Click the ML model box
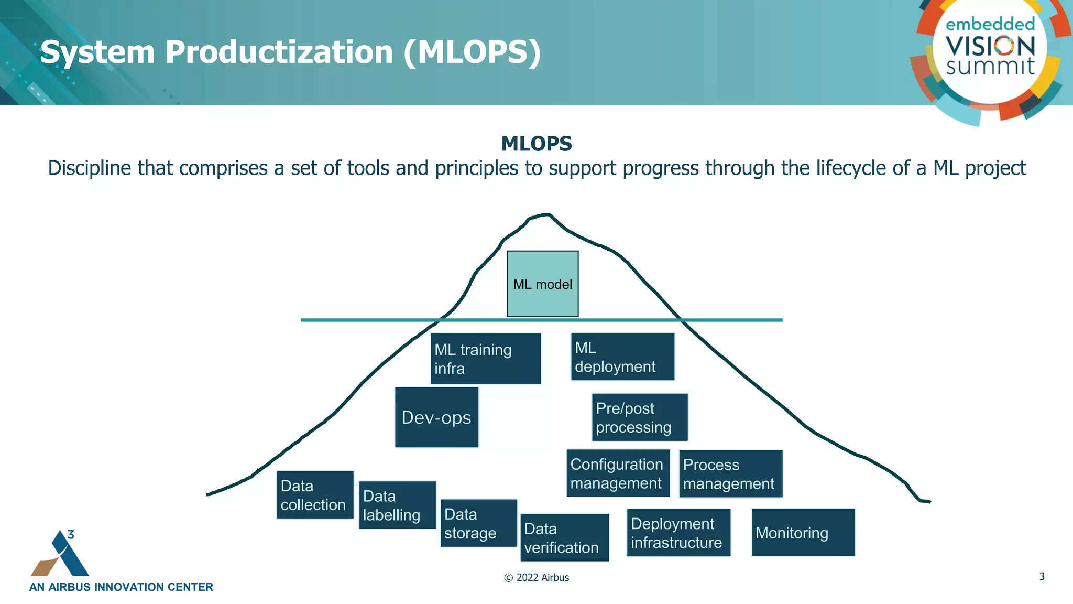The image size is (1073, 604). tap(542, 284)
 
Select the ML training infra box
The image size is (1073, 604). tap(485, 359)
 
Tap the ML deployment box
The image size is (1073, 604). tap(622, 357)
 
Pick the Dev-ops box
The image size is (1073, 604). tap(436, 417)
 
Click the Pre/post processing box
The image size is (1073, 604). tap(639, 417)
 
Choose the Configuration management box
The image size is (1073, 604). tap(618, 473)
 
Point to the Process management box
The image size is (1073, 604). tap(730, 473)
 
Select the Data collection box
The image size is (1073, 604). tap(315, 495)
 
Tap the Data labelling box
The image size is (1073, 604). tap(397, 505)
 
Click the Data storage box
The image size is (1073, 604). tap(478, 523)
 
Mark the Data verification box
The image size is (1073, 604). tap(564, 537)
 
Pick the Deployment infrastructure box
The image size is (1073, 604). tap(678, 533)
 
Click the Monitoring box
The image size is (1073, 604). tap(803, 532)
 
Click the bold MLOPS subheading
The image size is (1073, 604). tap(536, 144)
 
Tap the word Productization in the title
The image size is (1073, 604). tap(279, 52)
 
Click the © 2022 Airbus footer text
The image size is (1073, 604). tap(536, 577)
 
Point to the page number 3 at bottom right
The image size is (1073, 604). tap(1042, 576)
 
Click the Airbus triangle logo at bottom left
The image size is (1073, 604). tap(60, 555)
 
